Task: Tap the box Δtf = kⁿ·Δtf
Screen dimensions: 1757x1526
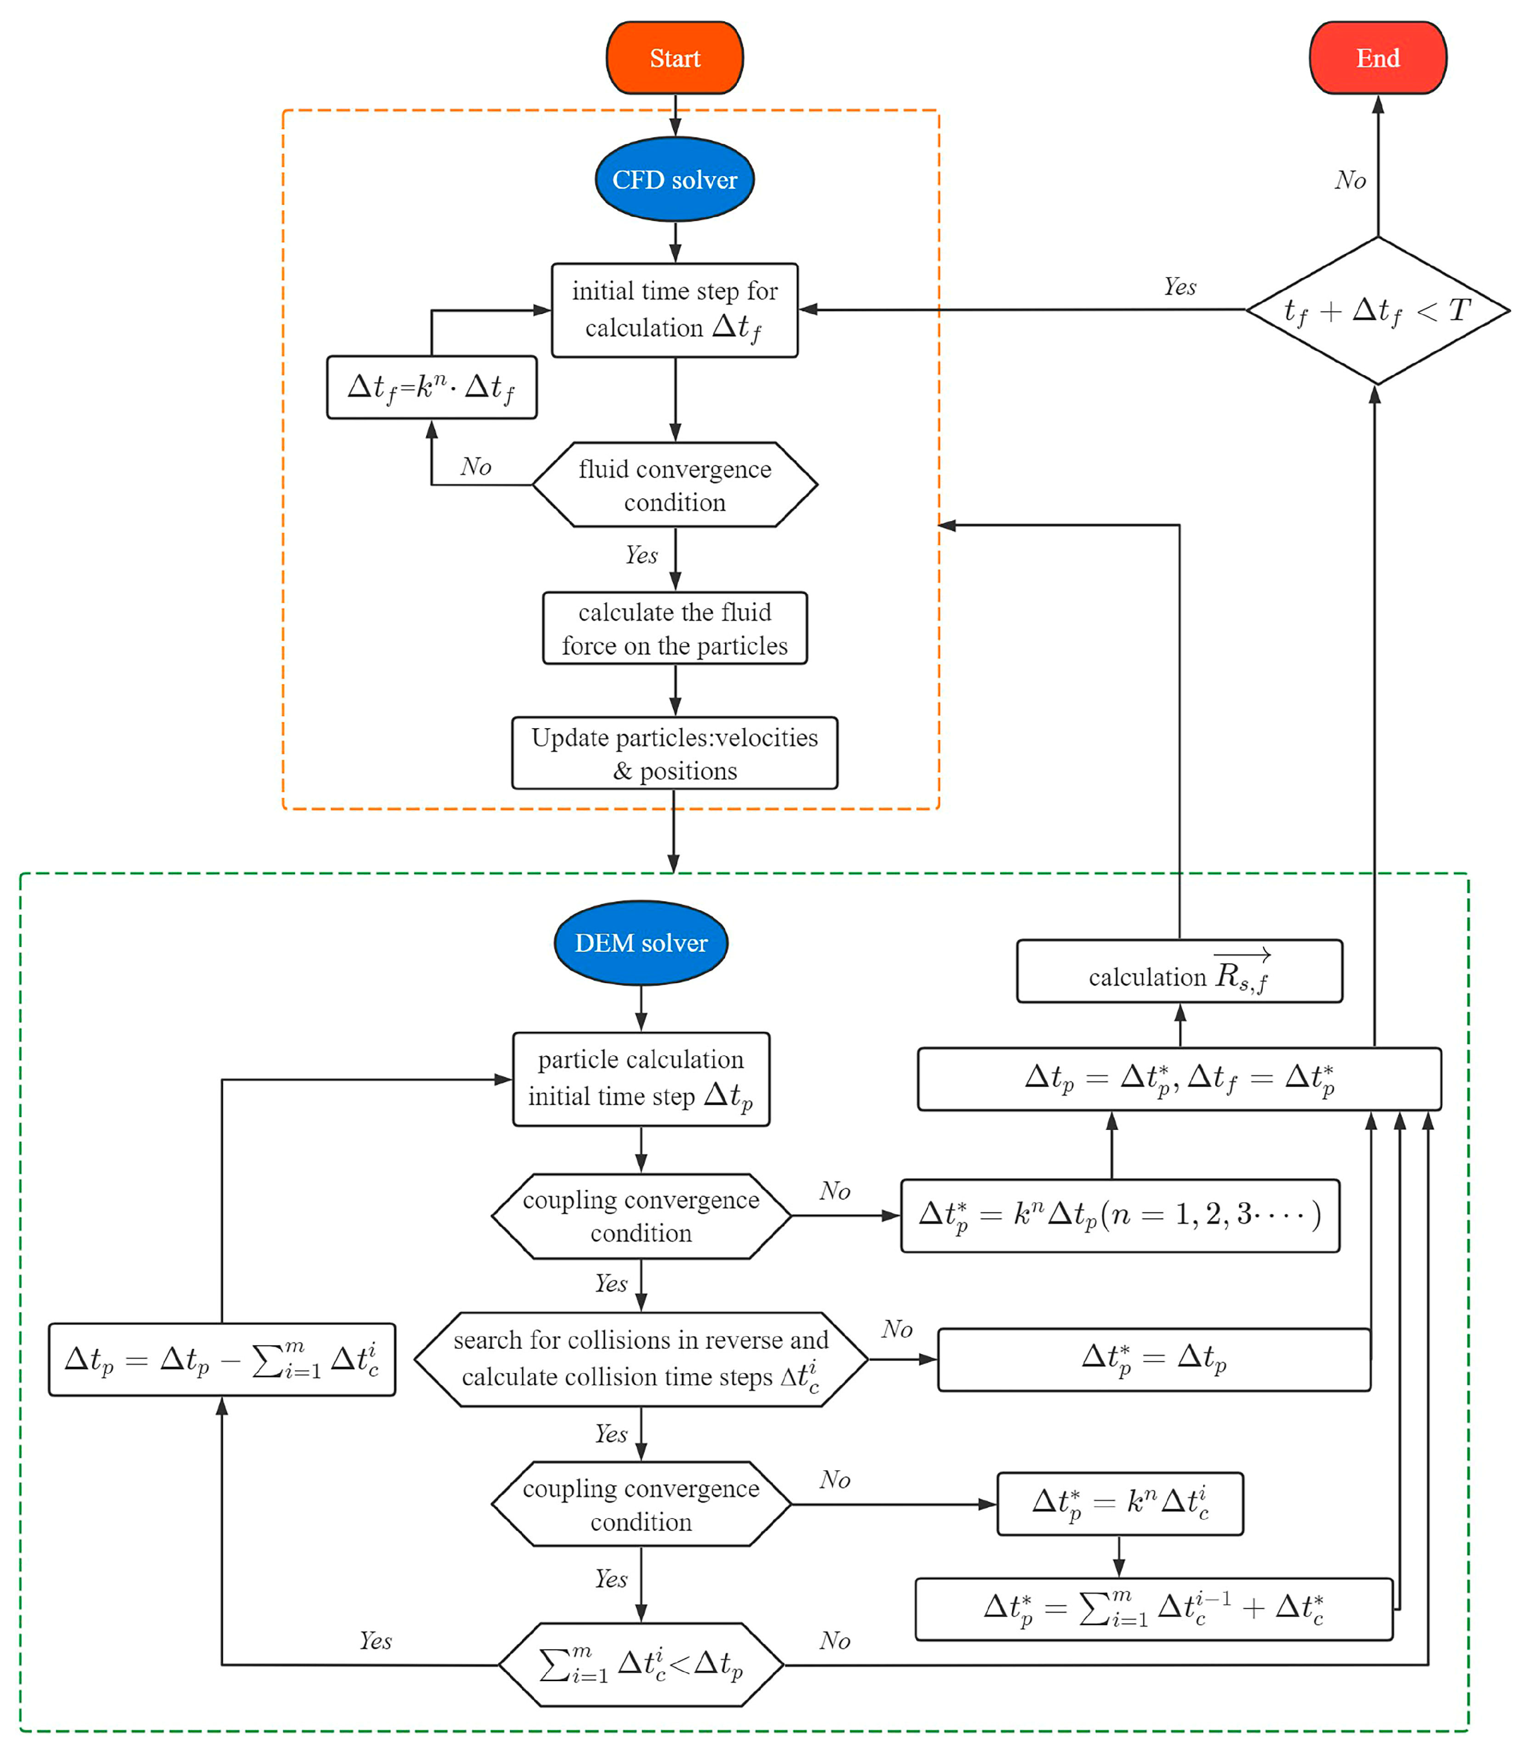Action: pyautogui.click(x=432, y=388)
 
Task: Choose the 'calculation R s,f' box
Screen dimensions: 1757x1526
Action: pyautogui.click(x=1179, y=972)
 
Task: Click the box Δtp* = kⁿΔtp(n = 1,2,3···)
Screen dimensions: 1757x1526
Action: pyautogui.click(x=1120, y=1215)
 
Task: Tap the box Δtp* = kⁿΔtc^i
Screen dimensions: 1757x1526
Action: pyautogui.click(x=1120, y=1504)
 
